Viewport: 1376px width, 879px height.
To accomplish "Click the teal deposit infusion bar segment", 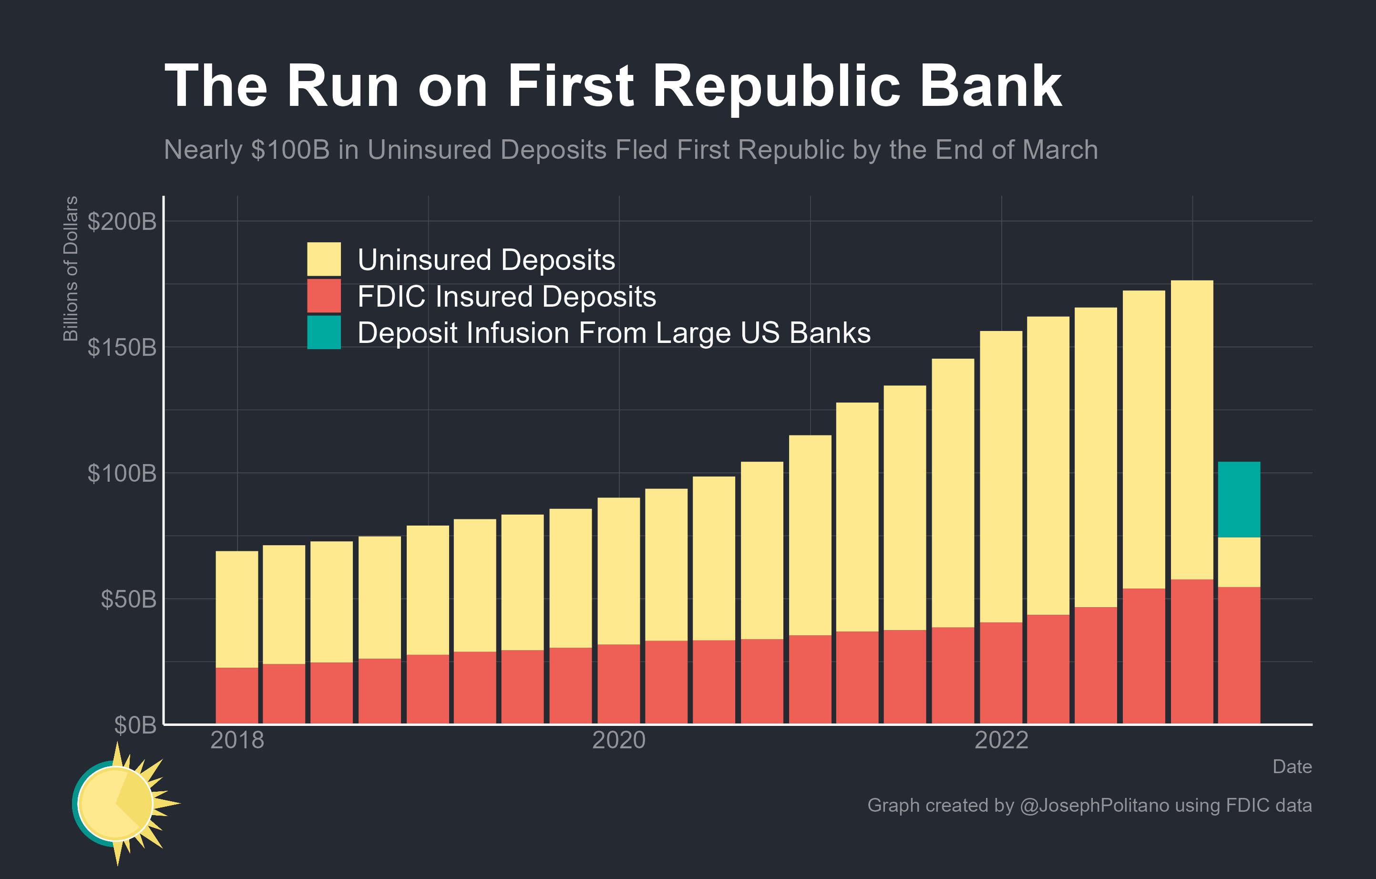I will point(1239,499).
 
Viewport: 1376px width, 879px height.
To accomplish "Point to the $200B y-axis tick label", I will point(122,222).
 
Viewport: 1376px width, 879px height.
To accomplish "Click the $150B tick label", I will point(122,348).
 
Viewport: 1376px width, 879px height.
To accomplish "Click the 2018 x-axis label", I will point(237,740).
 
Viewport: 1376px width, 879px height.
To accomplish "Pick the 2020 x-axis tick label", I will point(619,740).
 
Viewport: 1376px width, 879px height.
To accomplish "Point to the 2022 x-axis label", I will point(1001,740).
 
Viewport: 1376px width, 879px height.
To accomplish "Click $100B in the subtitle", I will point(290,150).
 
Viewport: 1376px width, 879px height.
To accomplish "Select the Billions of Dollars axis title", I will point(70,269).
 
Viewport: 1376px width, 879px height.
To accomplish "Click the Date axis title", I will point(1292,766).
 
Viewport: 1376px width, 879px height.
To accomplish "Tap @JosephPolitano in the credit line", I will point(1094,805).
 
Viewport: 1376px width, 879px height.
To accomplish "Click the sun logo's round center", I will point(115,804).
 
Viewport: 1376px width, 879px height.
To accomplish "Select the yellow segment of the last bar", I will point(1239,562).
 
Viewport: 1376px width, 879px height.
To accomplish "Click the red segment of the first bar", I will point(236,695).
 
